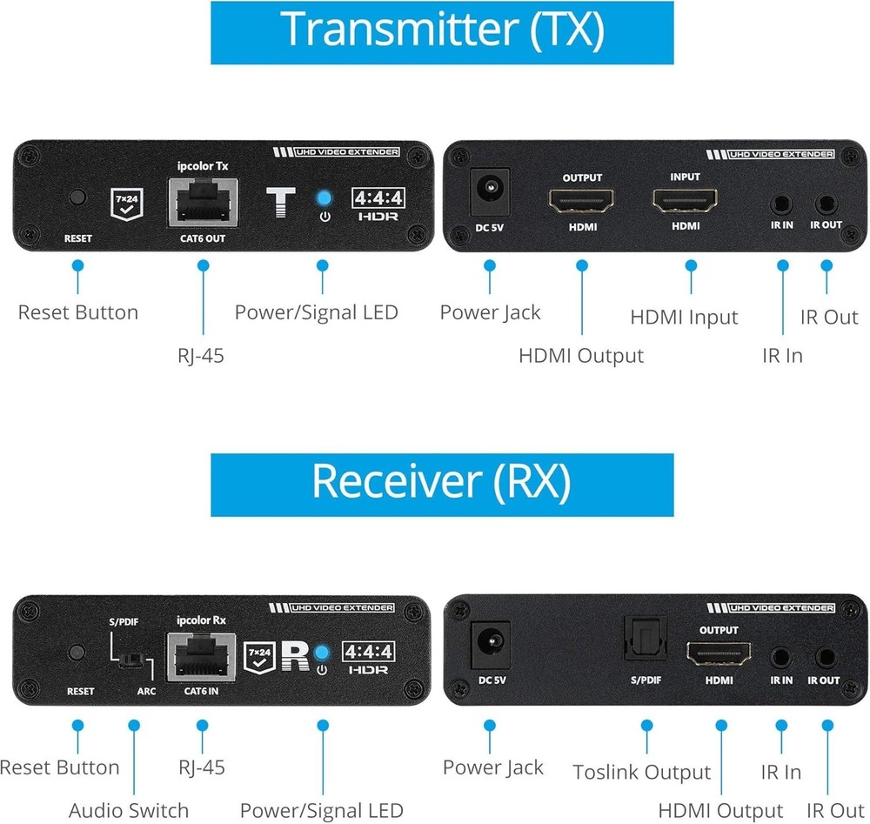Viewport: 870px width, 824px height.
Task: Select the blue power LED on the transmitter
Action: click(x=325, y=198)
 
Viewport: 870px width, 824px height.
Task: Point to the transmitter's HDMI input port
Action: click(x=685, y=202)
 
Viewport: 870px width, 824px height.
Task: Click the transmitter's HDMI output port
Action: click(x=581, y=202)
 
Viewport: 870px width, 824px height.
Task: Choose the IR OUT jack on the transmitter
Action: click(x=825, y=205)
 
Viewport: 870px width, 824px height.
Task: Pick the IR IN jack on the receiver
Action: click(x=781, y=658)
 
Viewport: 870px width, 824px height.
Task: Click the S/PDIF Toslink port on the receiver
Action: click(x=645, y=640)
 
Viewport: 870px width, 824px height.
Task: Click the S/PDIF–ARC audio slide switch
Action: click(x=132, y=659)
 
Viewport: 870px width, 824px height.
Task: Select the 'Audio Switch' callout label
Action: click(x=129, y=810)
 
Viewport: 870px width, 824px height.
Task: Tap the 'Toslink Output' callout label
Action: click(x=641, y=772)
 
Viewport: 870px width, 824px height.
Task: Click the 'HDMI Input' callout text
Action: click(x=684, y=318)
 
